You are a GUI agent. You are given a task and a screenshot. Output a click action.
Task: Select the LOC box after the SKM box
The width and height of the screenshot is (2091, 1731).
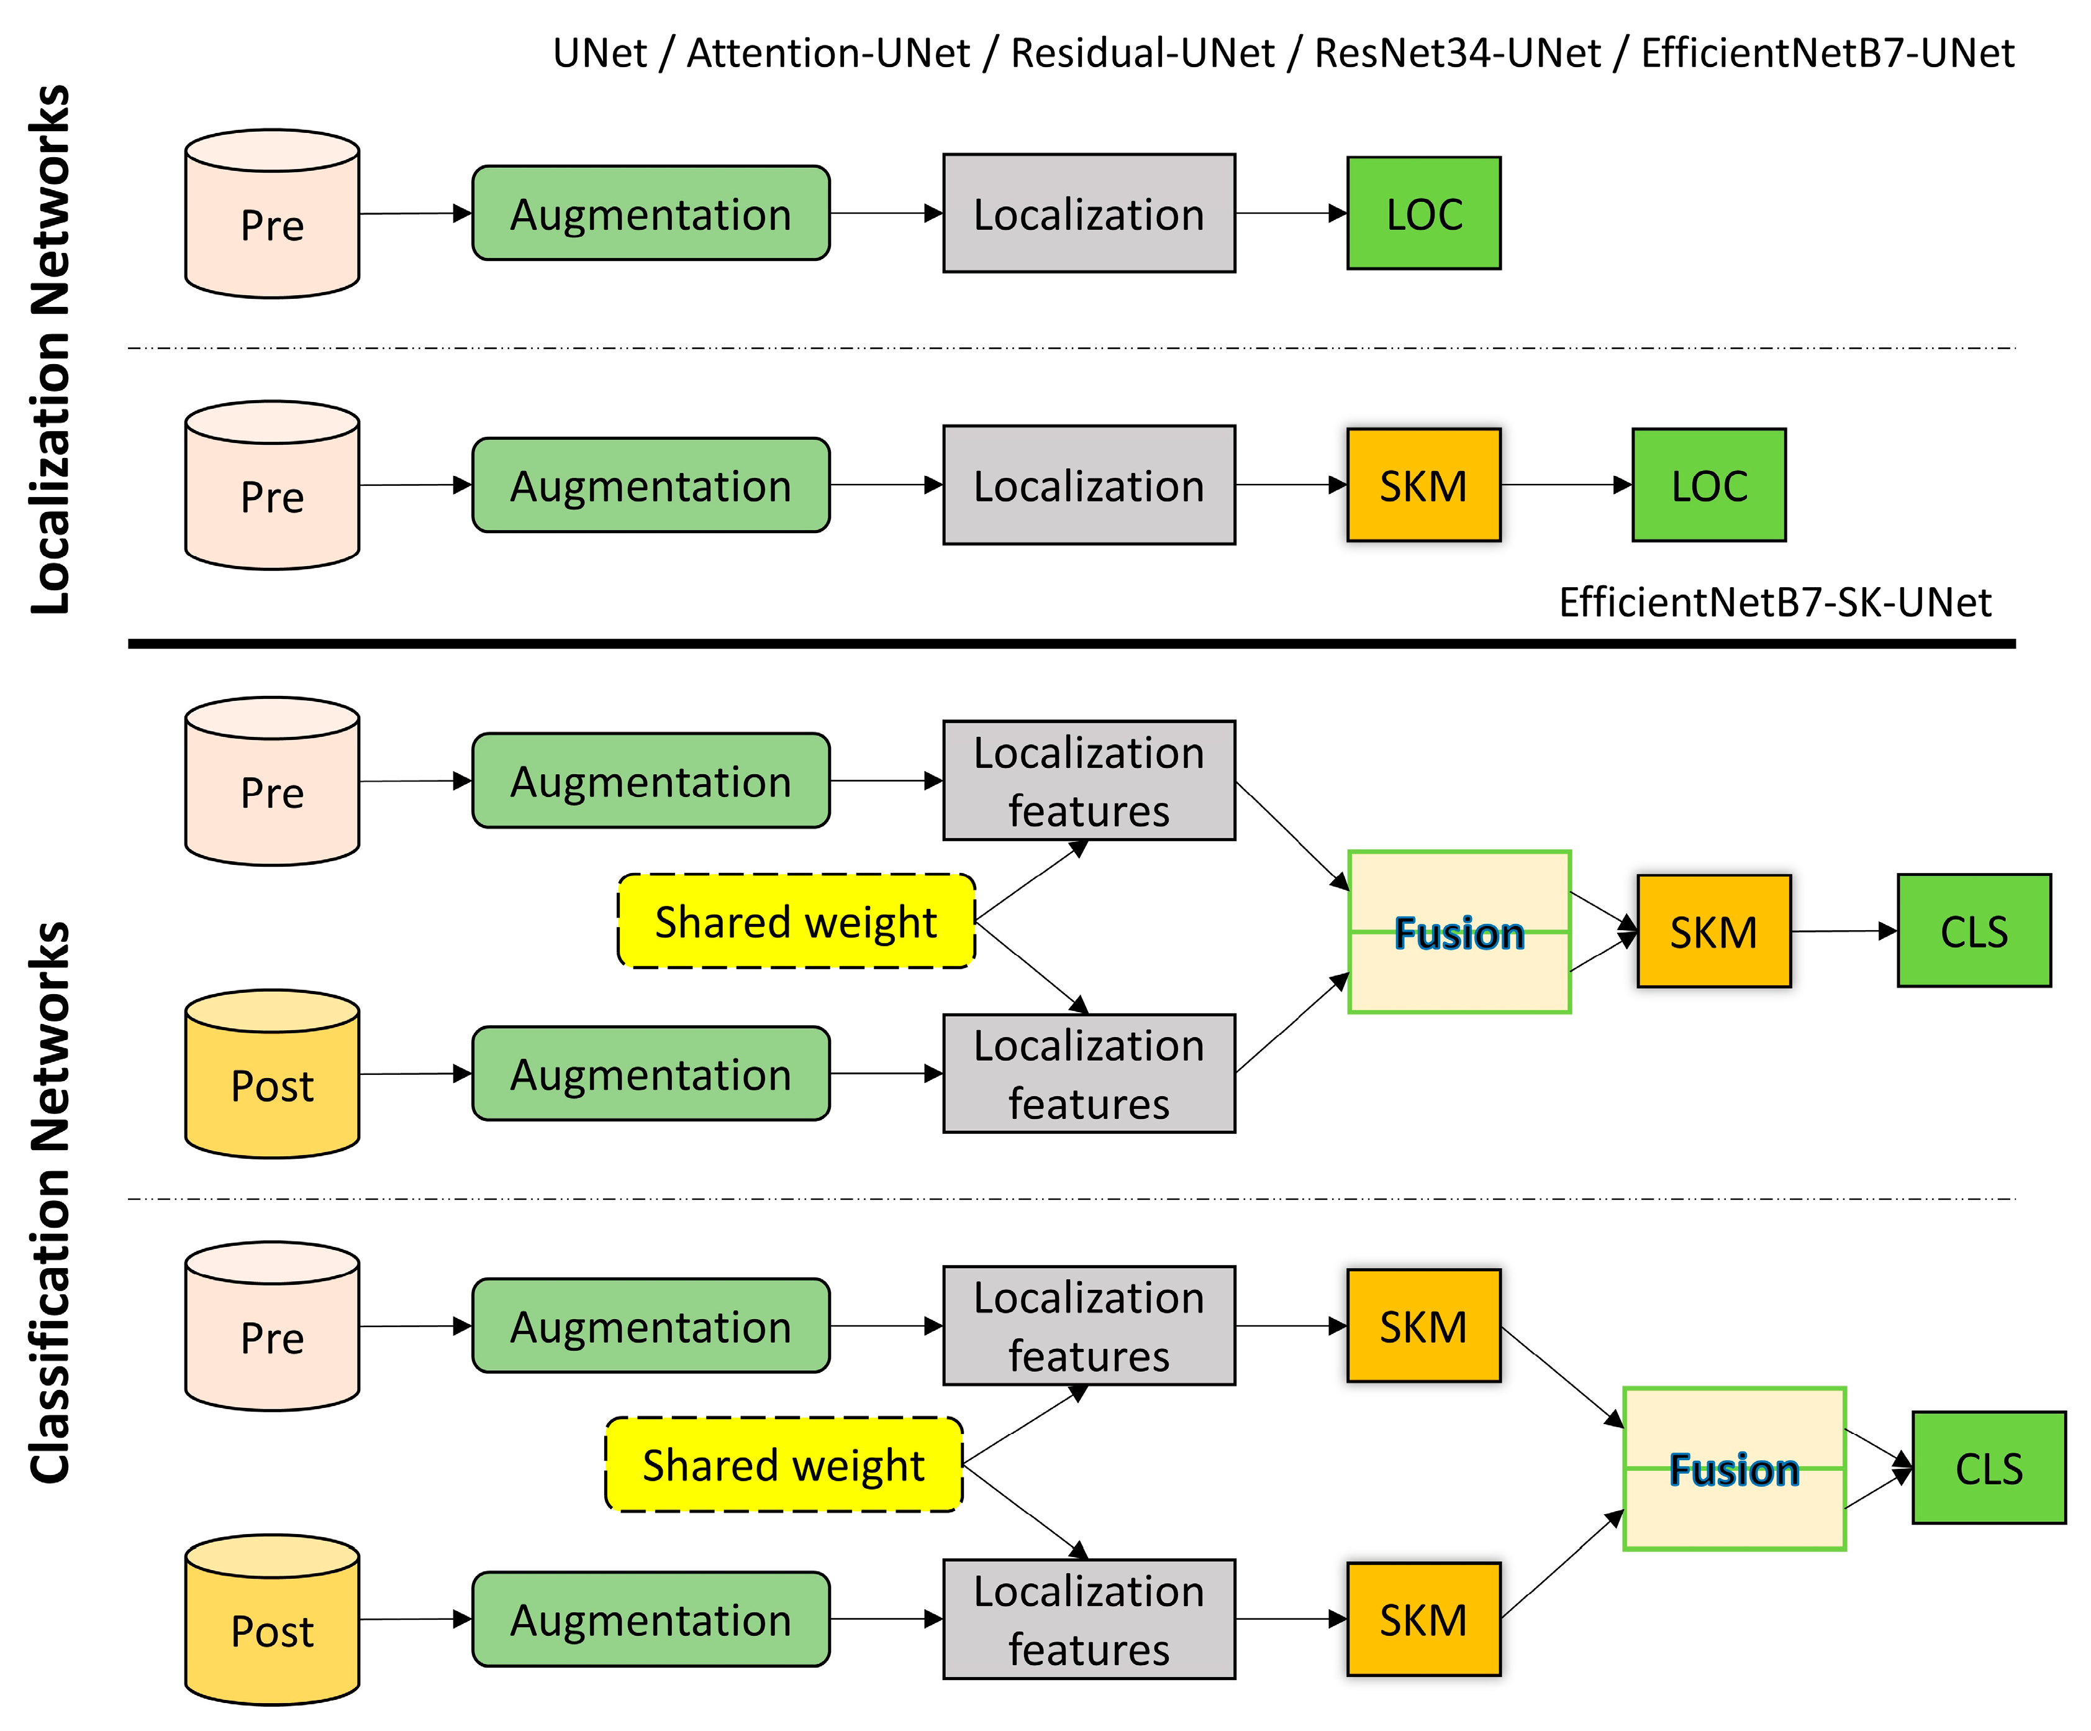click(x=1708, y=485)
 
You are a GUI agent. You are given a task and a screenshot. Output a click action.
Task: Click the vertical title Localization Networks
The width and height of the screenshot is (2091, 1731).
click(x=50, y=349)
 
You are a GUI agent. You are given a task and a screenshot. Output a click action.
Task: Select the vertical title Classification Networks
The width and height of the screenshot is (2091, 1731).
click(x=50, y=1202)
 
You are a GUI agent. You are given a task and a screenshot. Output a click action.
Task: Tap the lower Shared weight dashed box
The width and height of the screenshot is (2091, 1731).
click(x=784, y=1464)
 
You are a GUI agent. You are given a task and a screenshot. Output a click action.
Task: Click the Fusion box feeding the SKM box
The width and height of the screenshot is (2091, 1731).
click(x=1459, y=932)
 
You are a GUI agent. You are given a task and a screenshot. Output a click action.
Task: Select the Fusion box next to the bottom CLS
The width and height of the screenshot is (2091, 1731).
click(x=1733, y=1468)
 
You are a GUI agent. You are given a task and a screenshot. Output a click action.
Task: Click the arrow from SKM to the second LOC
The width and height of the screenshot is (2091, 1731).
click(x=1565, y=485)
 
